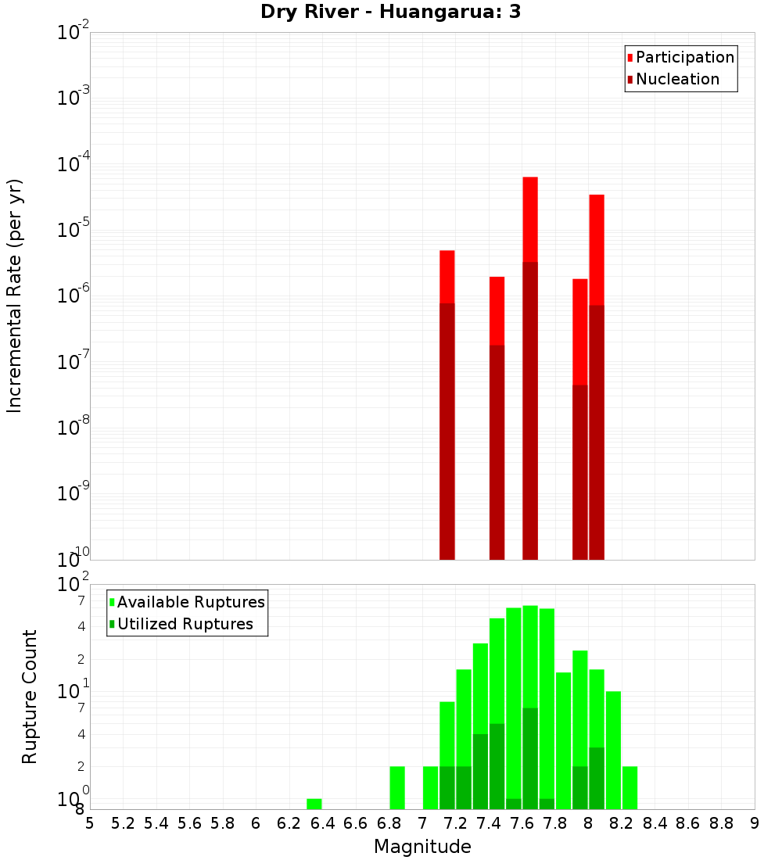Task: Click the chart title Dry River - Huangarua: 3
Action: pos(390,12)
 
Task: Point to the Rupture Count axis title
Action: pos(30,697)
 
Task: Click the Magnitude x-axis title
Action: pos(422,847)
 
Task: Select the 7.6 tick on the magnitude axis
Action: pos(522,823)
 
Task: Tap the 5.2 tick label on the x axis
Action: pos(124,823)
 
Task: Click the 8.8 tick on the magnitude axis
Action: pos(721,823)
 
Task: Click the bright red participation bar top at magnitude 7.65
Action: pos(530,219)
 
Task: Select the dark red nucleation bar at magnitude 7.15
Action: pos(447,430)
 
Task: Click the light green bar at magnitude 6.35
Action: pos(314,804)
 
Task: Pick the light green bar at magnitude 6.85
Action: pos(397,787)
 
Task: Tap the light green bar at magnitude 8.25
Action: pos(630,787)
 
